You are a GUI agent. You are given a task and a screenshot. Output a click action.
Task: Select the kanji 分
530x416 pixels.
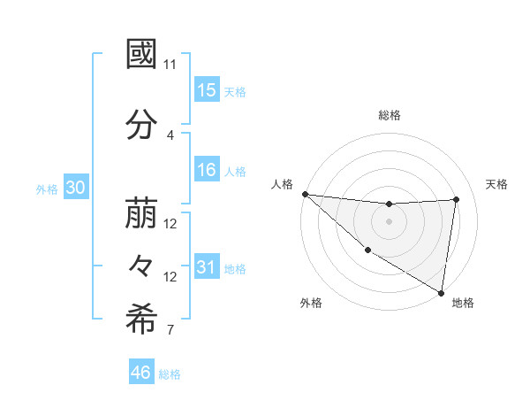141,125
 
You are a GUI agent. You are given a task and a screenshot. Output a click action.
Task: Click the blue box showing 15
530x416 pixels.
207,89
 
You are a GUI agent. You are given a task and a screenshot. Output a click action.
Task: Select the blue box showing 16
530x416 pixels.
207,170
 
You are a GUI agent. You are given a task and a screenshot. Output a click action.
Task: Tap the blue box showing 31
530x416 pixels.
207,267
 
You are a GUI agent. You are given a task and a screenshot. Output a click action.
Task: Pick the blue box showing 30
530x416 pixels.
75,188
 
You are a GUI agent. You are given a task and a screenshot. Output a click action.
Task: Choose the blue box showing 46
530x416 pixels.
141,373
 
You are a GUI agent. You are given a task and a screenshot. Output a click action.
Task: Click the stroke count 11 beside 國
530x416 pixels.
170,65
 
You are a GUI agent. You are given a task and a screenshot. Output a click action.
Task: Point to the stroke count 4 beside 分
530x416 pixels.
170,135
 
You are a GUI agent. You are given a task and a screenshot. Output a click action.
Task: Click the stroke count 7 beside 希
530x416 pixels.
170,331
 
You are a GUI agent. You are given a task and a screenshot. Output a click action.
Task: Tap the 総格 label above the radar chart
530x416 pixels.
390,115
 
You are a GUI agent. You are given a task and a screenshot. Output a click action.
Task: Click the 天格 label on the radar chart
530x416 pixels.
496,184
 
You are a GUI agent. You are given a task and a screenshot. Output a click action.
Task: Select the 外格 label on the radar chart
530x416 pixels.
311,304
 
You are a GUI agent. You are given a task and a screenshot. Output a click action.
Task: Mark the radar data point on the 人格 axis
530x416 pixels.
305,194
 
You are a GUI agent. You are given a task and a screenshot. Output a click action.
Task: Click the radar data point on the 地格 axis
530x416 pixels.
441,292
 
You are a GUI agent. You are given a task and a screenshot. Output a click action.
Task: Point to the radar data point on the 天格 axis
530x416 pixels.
457,199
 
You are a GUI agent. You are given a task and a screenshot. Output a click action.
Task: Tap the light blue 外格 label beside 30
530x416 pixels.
47,189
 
